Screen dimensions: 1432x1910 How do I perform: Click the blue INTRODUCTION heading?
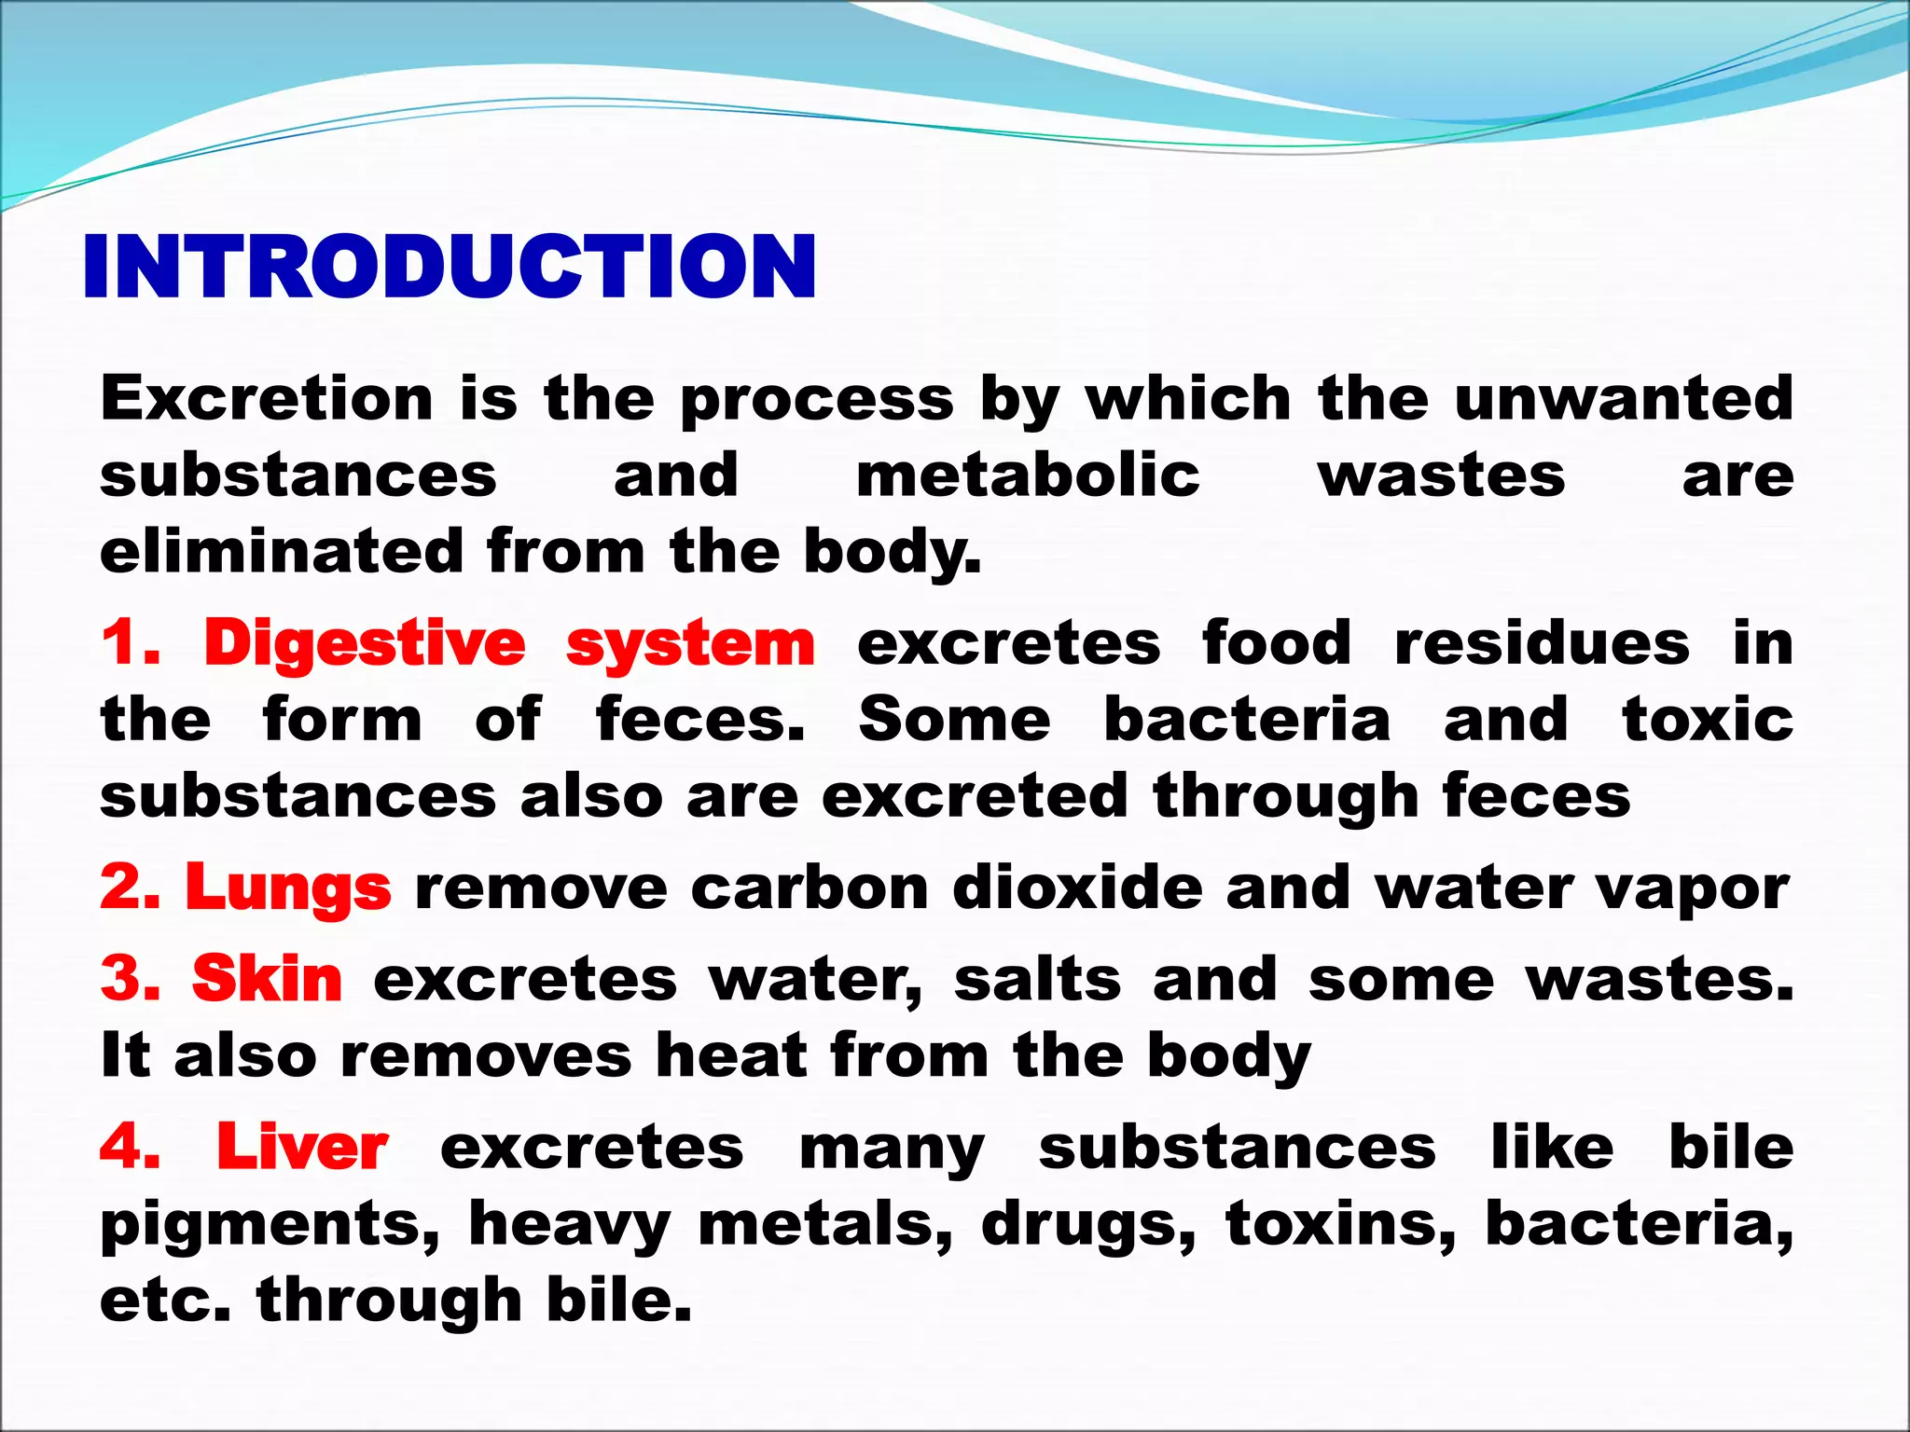[450, 267]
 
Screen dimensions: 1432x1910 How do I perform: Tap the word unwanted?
[1624, 399]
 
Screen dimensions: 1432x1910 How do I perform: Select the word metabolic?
[1028, 475]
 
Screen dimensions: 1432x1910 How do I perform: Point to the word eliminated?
[281, 551]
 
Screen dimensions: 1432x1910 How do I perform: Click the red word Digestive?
[365, 645]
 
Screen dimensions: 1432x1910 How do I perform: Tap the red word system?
[690, 645]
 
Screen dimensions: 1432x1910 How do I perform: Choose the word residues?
[1542, 644]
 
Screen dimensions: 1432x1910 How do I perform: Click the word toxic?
[1708, 721]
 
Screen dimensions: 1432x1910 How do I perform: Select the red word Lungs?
[288, 888]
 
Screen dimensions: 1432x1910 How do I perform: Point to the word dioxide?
[1078, 888]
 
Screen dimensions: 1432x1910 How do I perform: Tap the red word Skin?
[267, 980]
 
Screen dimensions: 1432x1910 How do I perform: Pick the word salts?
[1037, 981]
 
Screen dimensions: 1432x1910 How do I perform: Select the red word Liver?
[302, 1148]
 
